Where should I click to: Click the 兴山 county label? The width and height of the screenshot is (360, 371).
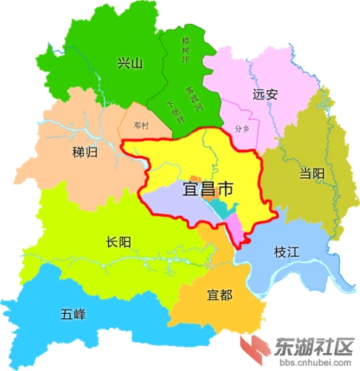[x=129, y=62]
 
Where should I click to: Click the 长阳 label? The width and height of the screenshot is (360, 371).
[x=120, y=241]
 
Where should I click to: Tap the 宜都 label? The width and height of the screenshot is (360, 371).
[x=220, y=296]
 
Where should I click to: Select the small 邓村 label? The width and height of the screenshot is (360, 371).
[x=141, y=125]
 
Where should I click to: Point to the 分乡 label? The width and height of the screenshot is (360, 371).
[x=242, y=128]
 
